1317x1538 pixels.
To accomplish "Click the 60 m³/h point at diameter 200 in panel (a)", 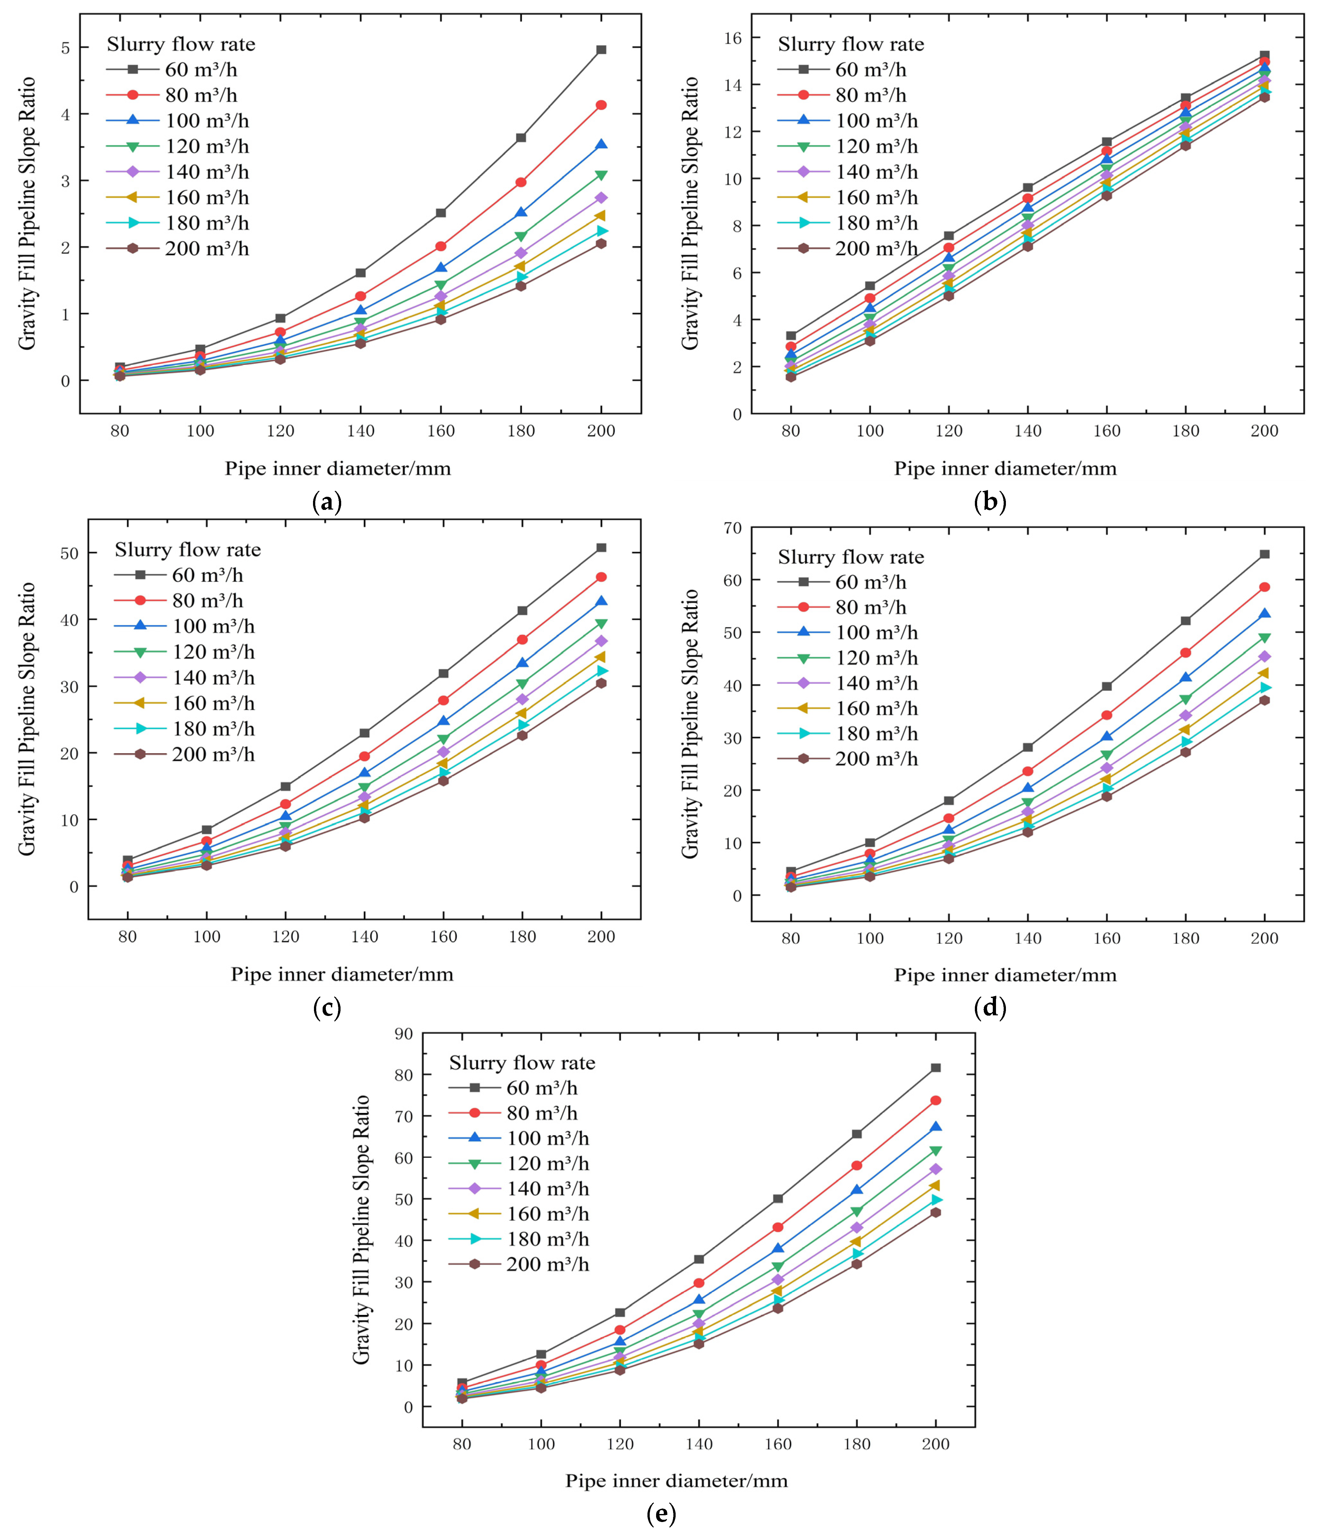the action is click(x=601, y=50).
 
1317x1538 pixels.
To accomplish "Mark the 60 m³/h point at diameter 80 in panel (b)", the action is click(x=791, y=335).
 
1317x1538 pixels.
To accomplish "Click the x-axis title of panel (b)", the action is click(x=1005, y=468).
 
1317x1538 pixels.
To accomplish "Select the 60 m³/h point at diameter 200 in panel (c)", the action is click(x=601, y=548).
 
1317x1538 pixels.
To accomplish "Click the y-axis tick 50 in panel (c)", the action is click(x=69, y=554).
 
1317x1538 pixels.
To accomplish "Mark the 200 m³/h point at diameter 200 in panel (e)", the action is click(x=936, y=1212).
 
